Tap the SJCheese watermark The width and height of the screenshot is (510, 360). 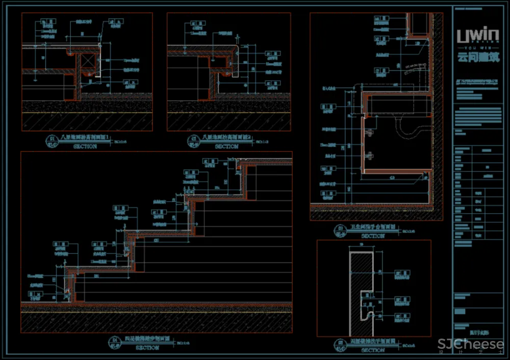(x=471, y=345)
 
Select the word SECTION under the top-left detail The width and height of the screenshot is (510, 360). (x=85, y=146)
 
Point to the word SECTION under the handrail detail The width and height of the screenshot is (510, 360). (x=373, y=351)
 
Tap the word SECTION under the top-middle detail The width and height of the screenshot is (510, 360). (x=226, y=146)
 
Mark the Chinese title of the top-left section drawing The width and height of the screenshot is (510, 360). (x=85, y=137)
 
